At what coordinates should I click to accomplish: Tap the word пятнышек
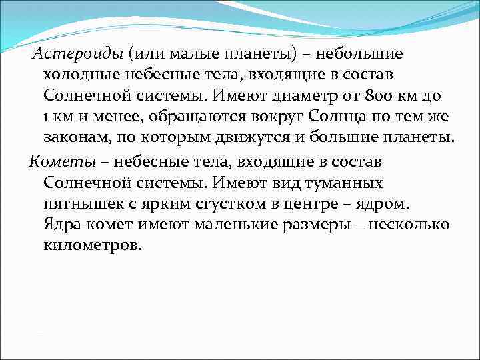[x=79, y=202]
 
